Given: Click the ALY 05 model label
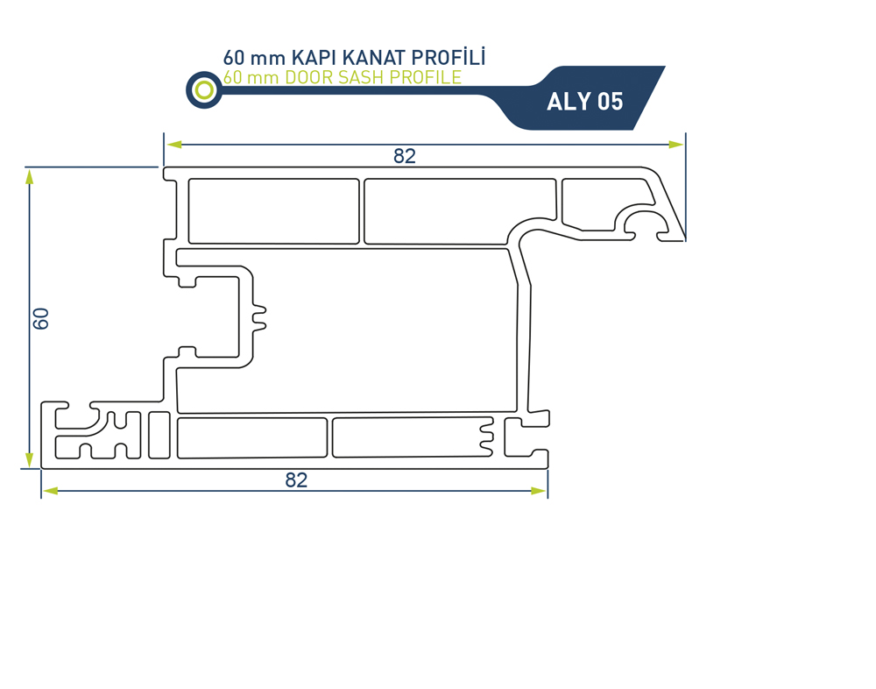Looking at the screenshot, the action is point(584,102).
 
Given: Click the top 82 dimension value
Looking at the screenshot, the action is point(405,156).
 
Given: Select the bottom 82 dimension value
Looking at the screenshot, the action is point(296,479).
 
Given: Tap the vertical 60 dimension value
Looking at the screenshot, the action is point(41,318).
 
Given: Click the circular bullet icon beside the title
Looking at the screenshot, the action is point(204,89).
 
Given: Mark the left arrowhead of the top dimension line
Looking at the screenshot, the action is point(174,145).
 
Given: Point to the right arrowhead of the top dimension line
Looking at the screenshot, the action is point(676,145).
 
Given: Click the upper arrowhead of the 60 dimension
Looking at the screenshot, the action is point(30,177).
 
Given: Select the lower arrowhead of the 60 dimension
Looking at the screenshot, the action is point(30,459).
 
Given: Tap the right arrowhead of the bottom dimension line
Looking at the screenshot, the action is point(538,491).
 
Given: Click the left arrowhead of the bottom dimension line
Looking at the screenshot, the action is point(51,491).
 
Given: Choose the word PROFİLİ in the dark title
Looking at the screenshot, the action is point(449,57).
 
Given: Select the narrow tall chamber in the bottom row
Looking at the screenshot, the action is point(159,435).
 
